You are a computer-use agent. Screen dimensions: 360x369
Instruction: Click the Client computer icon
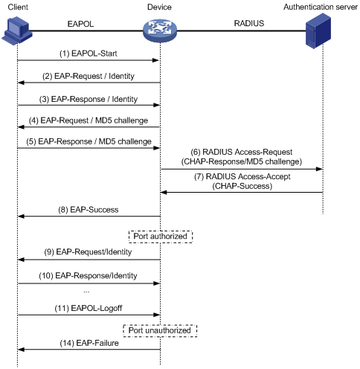pos(17,31)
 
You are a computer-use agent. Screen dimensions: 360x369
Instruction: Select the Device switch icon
pos(160,31)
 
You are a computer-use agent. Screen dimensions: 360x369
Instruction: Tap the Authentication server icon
pos(318,31)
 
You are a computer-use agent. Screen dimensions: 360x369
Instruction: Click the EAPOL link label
pos(80,24)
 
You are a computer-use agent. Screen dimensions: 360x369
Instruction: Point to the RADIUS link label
pos(249,23)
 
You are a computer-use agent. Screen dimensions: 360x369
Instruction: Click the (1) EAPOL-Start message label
pos(89,54)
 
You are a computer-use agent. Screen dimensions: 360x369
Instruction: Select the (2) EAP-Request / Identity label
pos(89,76)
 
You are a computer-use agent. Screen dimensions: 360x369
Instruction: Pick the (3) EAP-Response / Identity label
pos(89,99)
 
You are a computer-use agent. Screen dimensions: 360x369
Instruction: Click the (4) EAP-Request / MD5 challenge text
pos(89,121)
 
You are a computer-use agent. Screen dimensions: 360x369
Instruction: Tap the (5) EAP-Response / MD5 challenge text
pos(89,141)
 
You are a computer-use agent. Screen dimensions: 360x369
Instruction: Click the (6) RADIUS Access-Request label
pos(242,152)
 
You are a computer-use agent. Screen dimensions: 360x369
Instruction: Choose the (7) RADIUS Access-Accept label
pos(242,176)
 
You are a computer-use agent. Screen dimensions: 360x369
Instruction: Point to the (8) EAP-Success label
pos(89,210)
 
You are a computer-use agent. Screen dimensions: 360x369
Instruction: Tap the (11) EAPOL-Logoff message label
pos(89,308)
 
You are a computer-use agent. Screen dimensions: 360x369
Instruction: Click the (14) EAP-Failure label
pos(89,343)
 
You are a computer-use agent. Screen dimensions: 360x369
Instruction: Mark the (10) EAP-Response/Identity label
pos(88,276)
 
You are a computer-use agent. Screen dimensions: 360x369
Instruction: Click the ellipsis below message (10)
pos(86,292)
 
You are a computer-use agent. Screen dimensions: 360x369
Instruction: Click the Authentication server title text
pos(321,7)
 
